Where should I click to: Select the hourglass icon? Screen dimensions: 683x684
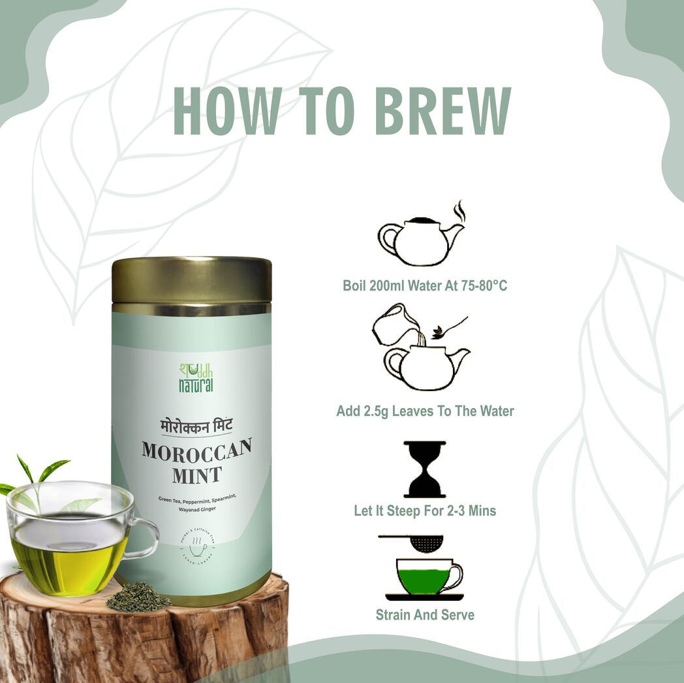(x=425, y=469)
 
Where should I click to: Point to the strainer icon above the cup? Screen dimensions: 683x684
(x=418, y=542)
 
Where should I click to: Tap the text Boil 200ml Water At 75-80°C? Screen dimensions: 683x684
(x=425, y=285)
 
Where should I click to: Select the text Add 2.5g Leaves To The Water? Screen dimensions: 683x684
(x=425, y=411)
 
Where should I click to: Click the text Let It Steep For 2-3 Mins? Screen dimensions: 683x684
(x=425, y=511)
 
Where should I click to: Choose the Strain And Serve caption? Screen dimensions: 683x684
(x=425, y=614)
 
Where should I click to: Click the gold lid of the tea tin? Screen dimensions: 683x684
(x=191, y=281)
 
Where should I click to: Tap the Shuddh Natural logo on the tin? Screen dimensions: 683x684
(x=196, y=377)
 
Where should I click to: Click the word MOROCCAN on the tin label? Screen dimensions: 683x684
(x=197, y=451)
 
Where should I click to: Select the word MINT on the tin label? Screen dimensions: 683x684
(x=197, y=475)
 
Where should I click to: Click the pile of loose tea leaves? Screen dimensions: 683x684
(x=138, y=597)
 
